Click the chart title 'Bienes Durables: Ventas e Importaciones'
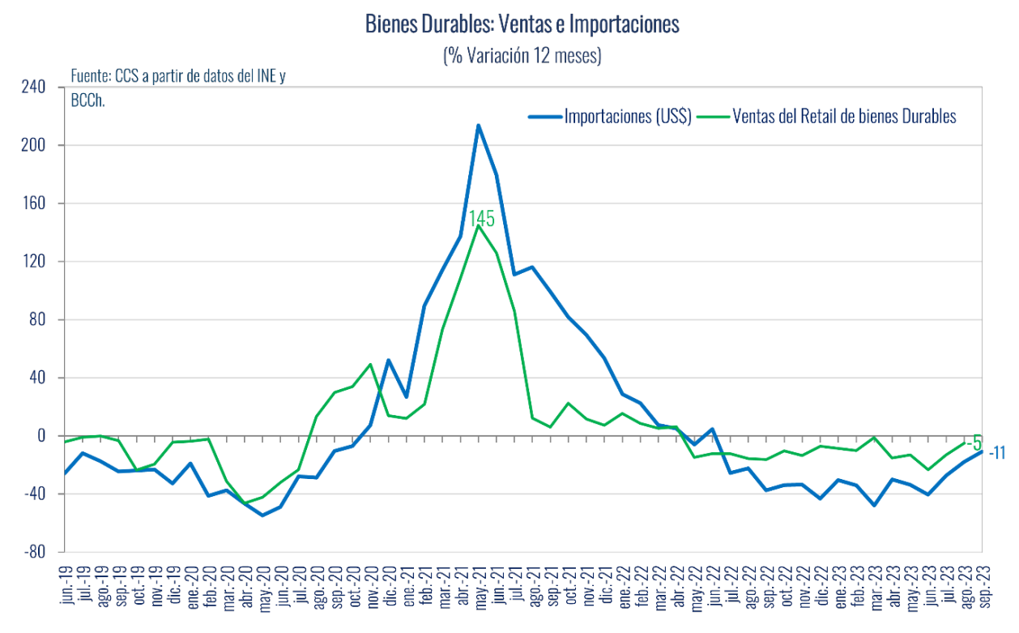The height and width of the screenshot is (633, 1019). [x=522, y=25]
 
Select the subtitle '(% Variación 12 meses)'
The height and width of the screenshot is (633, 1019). [x=522, y=56]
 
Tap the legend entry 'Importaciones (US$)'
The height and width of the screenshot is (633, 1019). [x=627, y=117]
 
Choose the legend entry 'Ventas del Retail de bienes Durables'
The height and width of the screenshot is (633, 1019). [x=844, y=117]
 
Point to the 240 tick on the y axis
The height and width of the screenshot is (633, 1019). [x=33, y=87]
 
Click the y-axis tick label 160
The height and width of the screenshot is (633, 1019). [x=33, y=203]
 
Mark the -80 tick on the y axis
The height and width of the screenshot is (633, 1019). [x=33, y=552]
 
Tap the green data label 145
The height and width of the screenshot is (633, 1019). [x=481, y=219]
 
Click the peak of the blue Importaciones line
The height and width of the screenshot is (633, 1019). [x=479, y=125]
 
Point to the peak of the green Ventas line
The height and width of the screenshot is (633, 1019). [x=479, y=226]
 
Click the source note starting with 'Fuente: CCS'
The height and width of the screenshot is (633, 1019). [x=178, y=77]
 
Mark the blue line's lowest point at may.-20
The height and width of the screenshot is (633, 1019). [x=262, y=515]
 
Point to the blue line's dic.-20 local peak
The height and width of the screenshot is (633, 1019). [x=389, y=360]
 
